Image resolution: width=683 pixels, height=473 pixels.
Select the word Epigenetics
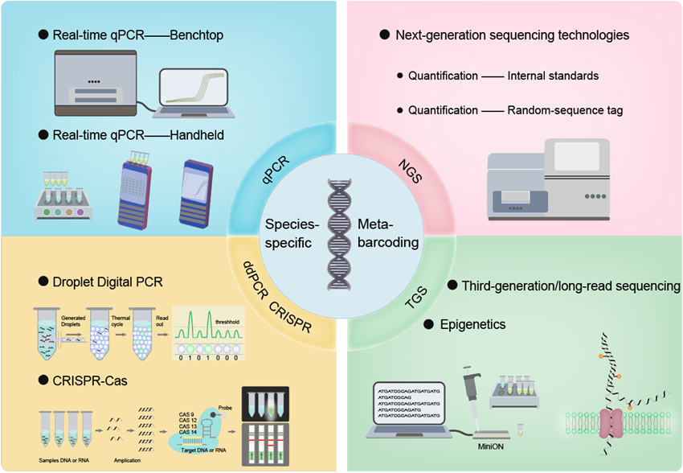(473, 324)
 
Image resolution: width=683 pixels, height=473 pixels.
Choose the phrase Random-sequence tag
(566, 109)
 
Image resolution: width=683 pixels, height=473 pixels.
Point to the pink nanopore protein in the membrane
(614, 423)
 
